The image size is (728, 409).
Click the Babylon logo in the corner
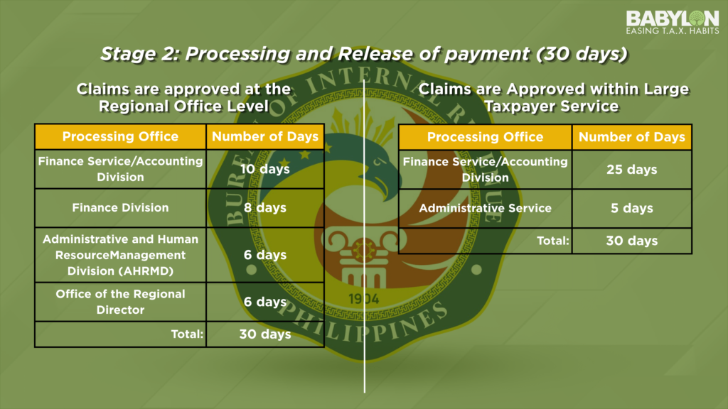click(x=673, y=22)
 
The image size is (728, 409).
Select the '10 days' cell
click(x=265, y=169)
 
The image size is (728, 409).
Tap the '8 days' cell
click(x=265, y=208)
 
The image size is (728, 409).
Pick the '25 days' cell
click(x=632, y=170)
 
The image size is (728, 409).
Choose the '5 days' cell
click(x=632, y=208)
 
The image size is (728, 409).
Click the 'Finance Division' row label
click(x=120, y=208)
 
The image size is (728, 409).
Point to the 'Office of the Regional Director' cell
click(x=120, y=302)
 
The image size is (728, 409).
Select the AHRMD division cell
click(x=120, y=255)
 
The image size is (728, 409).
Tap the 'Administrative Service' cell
click(x=485, y=208)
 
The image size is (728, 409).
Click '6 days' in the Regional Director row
click(x=265, y=302)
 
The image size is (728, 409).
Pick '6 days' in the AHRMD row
click(x=265, y=255)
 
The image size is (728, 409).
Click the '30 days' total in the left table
click(x=265, y=334)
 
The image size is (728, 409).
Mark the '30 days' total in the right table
click(x=632, y=241)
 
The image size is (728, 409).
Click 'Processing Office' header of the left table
click(x=120, y=136)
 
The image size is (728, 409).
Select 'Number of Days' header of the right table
click(x=632, y=137)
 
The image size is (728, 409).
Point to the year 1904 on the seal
click(x=363, y=299)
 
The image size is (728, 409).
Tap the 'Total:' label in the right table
click(x=553, y=241)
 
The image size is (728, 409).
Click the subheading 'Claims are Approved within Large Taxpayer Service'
click(x=553, y=97)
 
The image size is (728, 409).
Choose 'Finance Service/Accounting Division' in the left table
click(x=120, y=169)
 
